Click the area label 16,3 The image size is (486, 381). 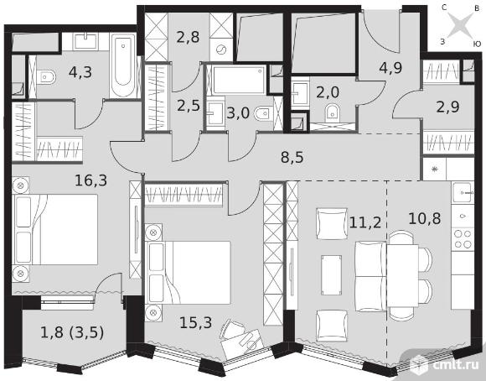point(90,180)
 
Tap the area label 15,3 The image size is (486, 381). point(195,322)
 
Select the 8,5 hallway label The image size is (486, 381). point(292,158)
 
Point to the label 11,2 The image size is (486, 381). point(364,222)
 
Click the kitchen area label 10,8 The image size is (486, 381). point(425,218)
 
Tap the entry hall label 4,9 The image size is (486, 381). point(390,68)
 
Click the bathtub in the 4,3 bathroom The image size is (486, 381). point(123,65)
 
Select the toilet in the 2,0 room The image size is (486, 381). point(332,113)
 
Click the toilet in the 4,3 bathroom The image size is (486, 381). point(46,76)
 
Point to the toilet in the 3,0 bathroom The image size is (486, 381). point(264,113)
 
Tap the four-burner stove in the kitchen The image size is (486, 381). point(463,239)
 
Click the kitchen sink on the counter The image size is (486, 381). point(463,193)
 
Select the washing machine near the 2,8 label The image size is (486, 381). point(221,50)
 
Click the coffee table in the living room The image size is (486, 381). point(331,275)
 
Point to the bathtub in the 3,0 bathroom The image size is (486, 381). point(240,80)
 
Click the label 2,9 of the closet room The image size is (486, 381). point(447,107)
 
